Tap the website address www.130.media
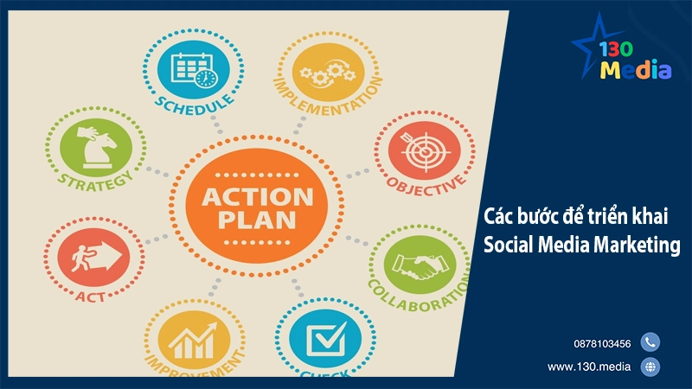click(592, 367)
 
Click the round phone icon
click(650, 342)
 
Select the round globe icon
click(650, 367)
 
